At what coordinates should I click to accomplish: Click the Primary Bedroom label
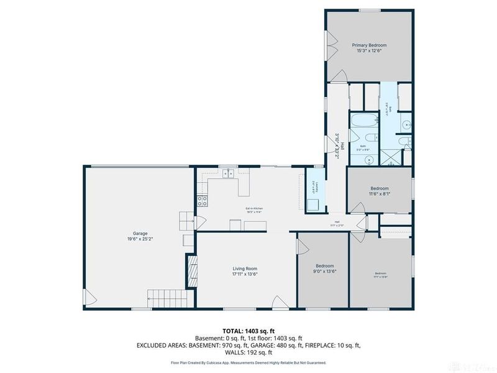coord(369,45)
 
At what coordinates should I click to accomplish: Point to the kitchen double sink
coord(228,174)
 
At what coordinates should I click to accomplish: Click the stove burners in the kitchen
coord(202,200)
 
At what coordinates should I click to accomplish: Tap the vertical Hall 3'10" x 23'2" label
coord(336,146)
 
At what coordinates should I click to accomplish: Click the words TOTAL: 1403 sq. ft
coord(248,331)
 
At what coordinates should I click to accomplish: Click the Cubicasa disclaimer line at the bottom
coord(248,362)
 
